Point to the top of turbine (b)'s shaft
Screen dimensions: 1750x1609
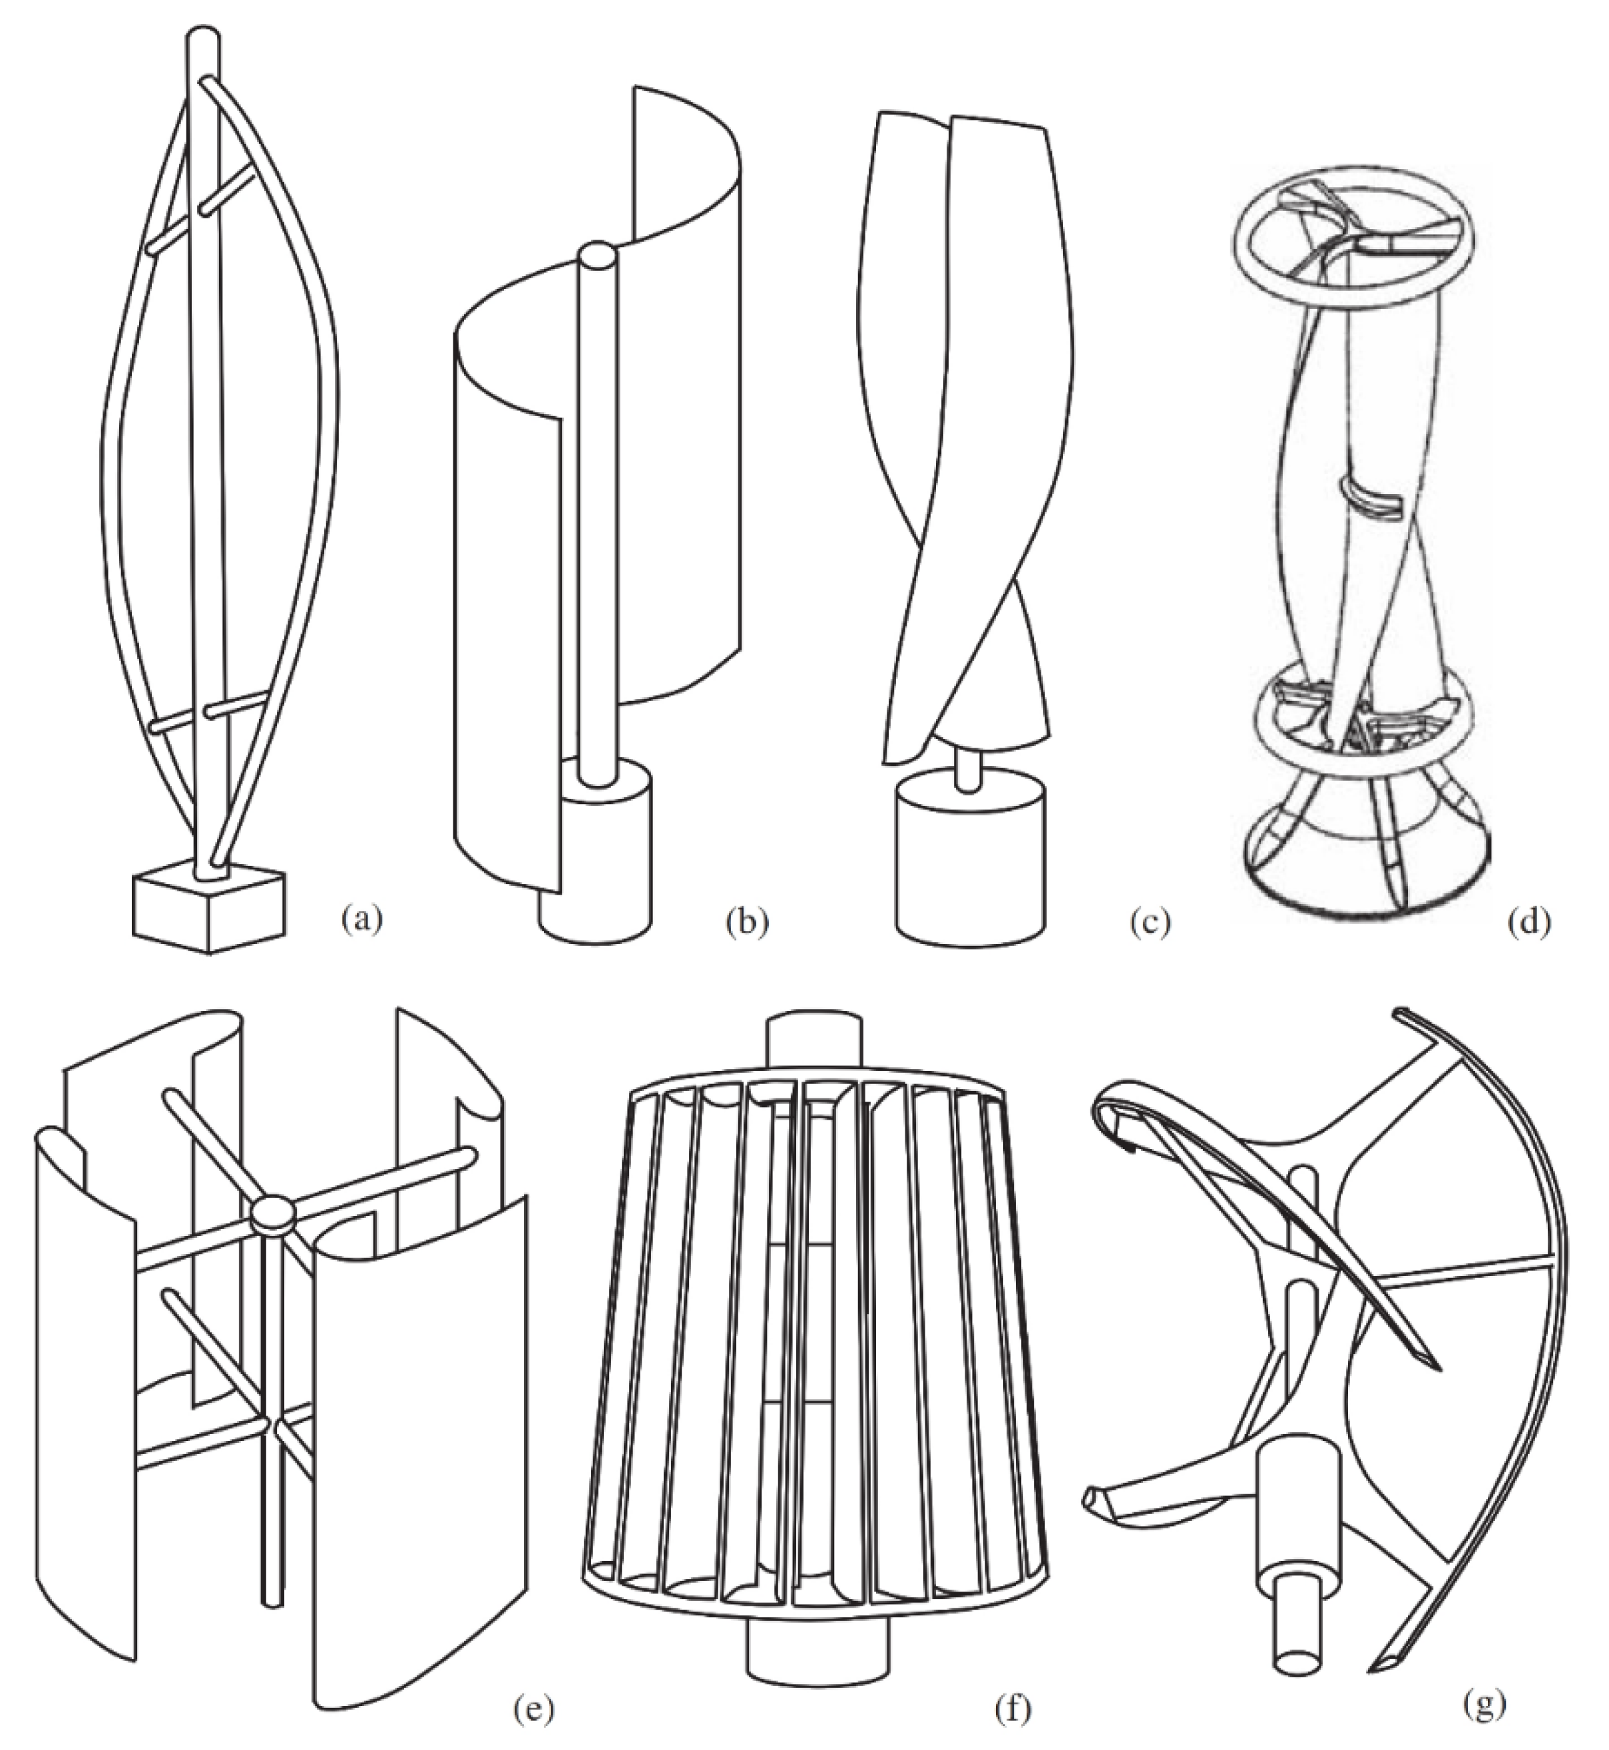click(x=596, y=258)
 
